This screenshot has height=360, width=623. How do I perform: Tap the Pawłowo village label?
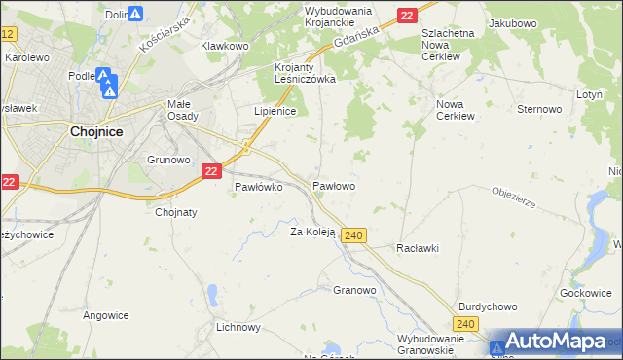[333, 185]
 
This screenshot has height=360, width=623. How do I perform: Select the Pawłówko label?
[259, 188]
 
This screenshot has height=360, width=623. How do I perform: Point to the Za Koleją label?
[312, 232]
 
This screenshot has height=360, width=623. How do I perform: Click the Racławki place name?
[418, 248]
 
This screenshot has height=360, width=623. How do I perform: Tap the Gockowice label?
[586, 292]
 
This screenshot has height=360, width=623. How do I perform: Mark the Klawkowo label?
[225, 46]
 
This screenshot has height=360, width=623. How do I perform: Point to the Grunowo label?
[166, 159]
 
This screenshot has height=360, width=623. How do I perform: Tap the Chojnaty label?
[176, 212]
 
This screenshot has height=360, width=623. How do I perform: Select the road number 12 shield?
[8, 34]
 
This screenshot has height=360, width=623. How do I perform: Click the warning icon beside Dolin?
[136, 15]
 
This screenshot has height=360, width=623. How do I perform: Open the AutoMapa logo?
[554, 342]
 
